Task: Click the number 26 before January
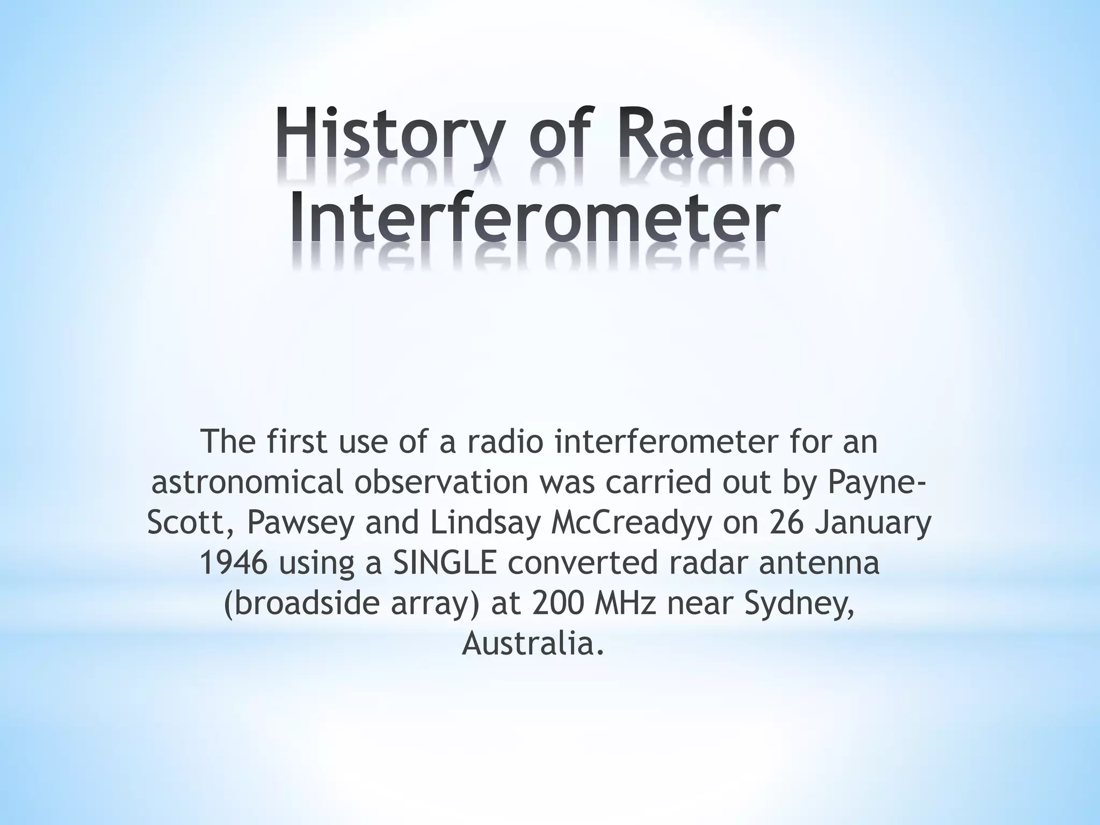click(x=787, y=523)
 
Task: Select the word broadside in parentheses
click(x=307, y=604)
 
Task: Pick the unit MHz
click(x=637, y=604)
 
